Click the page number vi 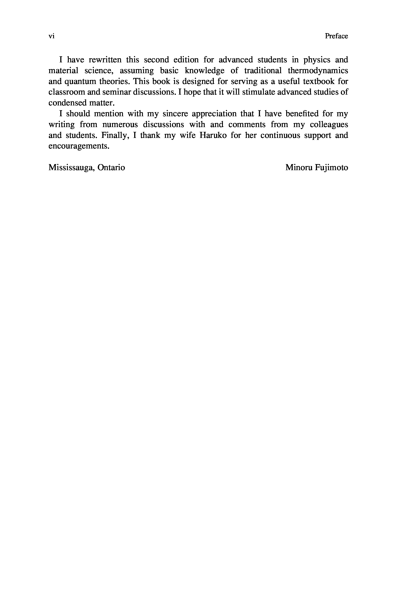pyautogui.click(x=51, y=36)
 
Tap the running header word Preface pyautogui.click(x=336, y=36)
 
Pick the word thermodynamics pyautogui.click(x=318, y=71)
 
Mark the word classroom pyautogui.click(x=67, y=92)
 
